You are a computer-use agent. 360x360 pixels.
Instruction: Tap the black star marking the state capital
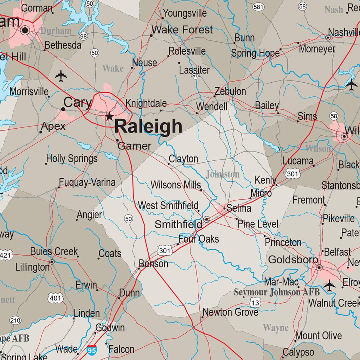[109, 116]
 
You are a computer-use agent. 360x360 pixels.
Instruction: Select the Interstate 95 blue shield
[91, 350]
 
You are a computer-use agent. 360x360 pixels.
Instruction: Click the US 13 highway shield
[256, 303]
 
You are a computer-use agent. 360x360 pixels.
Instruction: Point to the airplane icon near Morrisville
[61, 76]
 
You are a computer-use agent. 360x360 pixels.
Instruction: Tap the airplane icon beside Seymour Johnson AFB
[329, 285]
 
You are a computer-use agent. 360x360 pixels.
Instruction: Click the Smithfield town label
[178, 224]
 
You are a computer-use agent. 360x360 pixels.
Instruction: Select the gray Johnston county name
[223, 174]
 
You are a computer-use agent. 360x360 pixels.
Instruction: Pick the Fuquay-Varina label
[87, 182]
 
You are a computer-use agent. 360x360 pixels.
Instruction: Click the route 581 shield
[258, 7]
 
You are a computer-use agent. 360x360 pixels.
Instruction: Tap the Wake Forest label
[182, 30]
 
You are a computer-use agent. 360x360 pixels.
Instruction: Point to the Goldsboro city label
[293, 260]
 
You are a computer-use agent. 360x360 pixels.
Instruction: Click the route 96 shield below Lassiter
[196, 76]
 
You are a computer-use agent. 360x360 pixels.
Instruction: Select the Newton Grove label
[230, 312]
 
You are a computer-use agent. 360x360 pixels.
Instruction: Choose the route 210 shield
[15, 320]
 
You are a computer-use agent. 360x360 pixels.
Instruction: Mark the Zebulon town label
[230, 91]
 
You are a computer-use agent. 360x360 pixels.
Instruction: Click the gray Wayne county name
[276, 328]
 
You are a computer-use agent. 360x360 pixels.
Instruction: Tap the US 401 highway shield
[56, 298]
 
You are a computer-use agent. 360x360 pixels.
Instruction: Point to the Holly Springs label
[72, 159]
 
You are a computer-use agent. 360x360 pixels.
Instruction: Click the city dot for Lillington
[52, 262]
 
